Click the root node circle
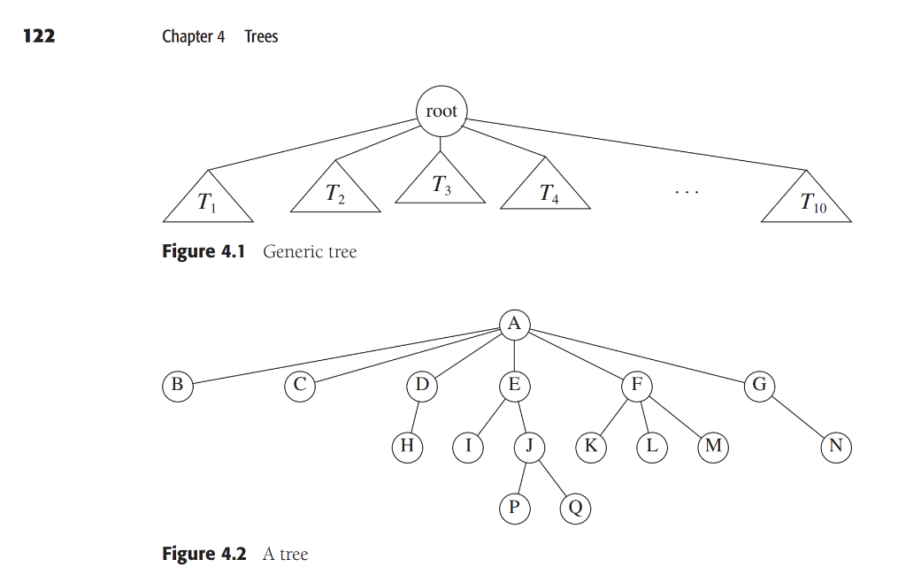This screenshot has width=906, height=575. pos(441,112)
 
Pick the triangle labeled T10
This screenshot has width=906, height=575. pos(807,202)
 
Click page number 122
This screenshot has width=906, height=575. pos(39,35)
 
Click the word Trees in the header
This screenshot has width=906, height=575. pos(261,36)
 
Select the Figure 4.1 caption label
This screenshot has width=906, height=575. pos(203,251)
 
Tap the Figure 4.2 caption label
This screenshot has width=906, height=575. pos(203,555)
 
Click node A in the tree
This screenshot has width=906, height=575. pos(514,324)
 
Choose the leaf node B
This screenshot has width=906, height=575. pos(177,386)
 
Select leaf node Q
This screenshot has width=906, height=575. pos(575,508)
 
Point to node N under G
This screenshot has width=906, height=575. pos(835,447)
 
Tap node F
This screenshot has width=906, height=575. pos(636,386)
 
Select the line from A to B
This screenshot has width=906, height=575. pos(345,356)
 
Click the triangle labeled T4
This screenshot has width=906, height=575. pos(545,188)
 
